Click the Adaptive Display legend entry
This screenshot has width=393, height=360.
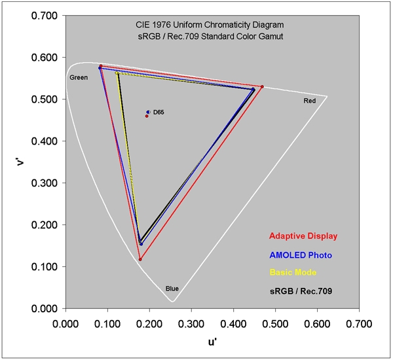[x=303, y=236]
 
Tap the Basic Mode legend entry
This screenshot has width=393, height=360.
[x=293, y=272]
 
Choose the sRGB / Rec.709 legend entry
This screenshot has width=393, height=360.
[x=301, y=290]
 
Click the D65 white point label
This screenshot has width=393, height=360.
[x=159, y=113]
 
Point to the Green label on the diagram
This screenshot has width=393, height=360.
[x=79, y=78]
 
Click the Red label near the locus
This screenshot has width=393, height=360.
[x=309, y=101]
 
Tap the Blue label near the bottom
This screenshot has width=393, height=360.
[x=172, y=289]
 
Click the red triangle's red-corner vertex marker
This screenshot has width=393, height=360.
[x=262, y=86]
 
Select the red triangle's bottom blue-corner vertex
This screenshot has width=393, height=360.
[x=140, y=259]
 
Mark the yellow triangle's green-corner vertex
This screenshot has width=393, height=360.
[x=117, y=73]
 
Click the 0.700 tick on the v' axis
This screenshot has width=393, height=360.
[x=45, y=16]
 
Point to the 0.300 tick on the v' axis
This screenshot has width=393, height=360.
[x=45, y=183]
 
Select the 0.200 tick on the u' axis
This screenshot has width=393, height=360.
[x=149, y=323]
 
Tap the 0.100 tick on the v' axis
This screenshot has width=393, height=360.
[x=45, y=267]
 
